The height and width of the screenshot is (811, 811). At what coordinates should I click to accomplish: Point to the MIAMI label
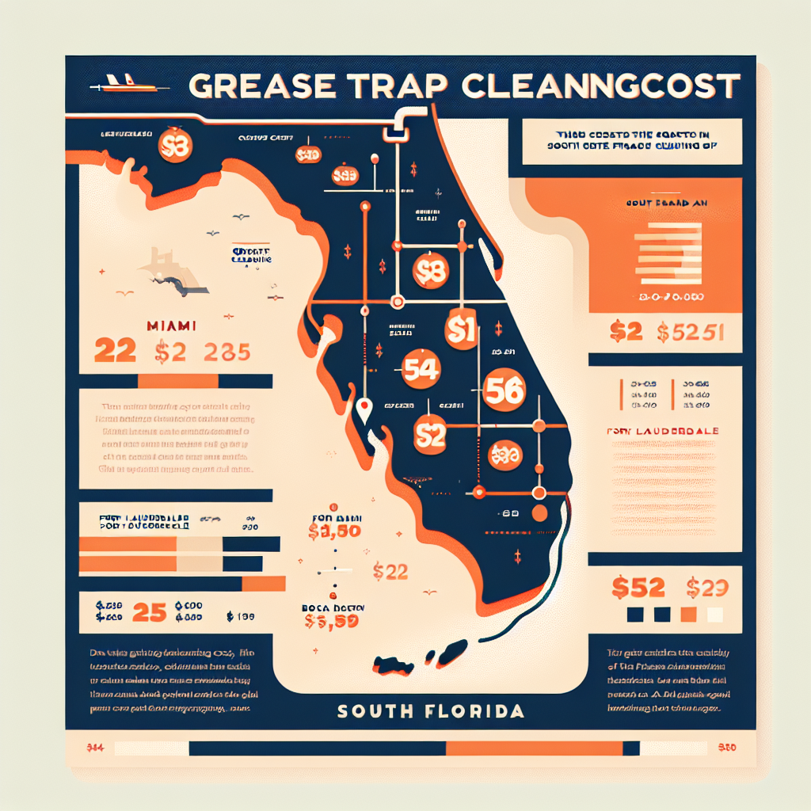click(x=173, y=326)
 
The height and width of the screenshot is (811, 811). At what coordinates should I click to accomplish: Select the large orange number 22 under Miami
click(x=115, y=350)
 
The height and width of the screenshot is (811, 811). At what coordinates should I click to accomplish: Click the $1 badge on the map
click(x=460, y=329)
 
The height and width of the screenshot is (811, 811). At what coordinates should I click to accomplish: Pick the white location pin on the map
click(x=364, y=409)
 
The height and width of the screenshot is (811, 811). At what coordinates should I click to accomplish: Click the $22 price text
click(x=390, y=570)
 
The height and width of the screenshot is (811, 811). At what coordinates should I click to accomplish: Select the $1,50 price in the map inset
click(x=335, y=531)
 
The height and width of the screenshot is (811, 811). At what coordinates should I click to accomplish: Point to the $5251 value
click(x=691, y=333)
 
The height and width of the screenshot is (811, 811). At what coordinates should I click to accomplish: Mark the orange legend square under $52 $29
click(x=688, y=615)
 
